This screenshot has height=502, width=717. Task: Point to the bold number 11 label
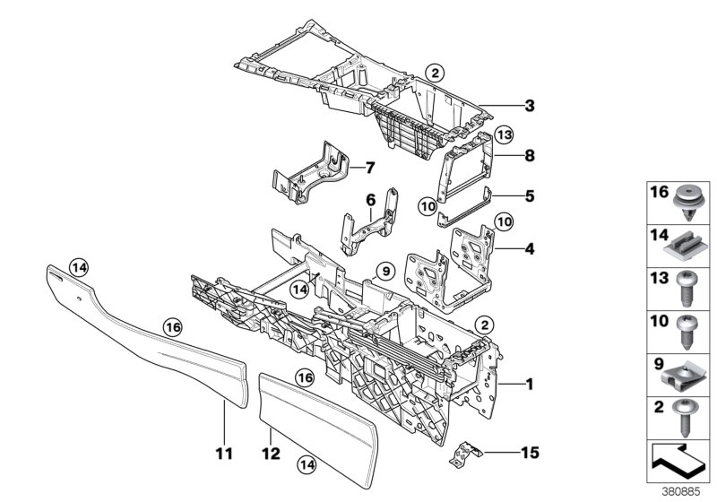click(x=225, y=454)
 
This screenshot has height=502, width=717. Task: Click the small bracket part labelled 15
click(x=464, y=450)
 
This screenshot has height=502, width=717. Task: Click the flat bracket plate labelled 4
click(x=453, y=264)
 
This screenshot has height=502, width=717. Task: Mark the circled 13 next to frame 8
click(x=504, y=134)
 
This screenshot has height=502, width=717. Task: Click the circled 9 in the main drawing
click(x=385, y=269)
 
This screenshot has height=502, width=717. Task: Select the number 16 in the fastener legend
click(x=658, y=192)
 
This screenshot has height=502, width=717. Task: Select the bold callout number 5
click(x=530, y=193)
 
